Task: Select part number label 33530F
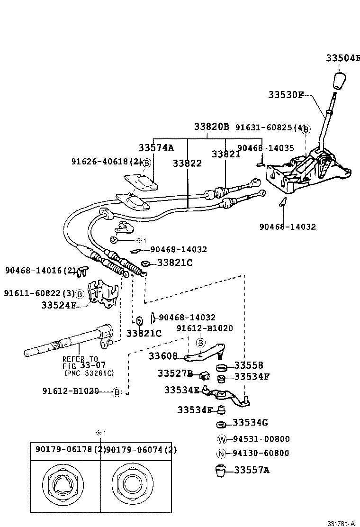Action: pyautogui.click(x=286, y=95)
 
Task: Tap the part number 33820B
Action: pyautogui.click(x=211, y=127)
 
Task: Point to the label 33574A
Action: pyautogui.click(x=156, y=147)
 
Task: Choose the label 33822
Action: pyautogui.click(x=187, y=164)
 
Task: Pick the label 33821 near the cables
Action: pyautogui.click(x=226, y=154)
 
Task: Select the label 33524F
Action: pyautogui.click(x=59, y=305)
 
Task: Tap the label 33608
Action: pyautogui.click(x=163, y=356)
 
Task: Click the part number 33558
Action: pyautogui.click(x=249, y=365)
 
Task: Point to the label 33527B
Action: pyautogui.click(x=175, y=374)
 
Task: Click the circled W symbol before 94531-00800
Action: pyautogui.click(x=222, y=439)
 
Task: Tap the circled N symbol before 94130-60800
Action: pyautogui.click(x=222, y=453)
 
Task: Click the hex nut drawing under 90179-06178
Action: pyautogui.click(x=65, y=488)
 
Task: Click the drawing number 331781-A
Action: pyautogui.click(x=341, y=524)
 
